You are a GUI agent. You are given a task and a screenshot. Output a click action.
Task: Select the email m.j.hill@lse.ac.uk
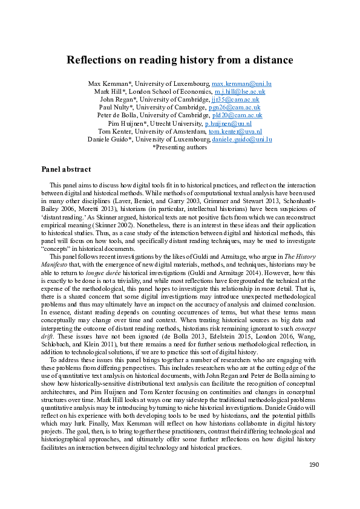click(240, 91)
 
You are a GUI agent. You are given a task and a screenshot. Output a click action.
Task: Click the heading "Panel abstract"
click(65, 169)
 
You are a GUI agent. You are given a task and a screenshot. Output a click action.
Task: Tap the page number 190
click(313, 481)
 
